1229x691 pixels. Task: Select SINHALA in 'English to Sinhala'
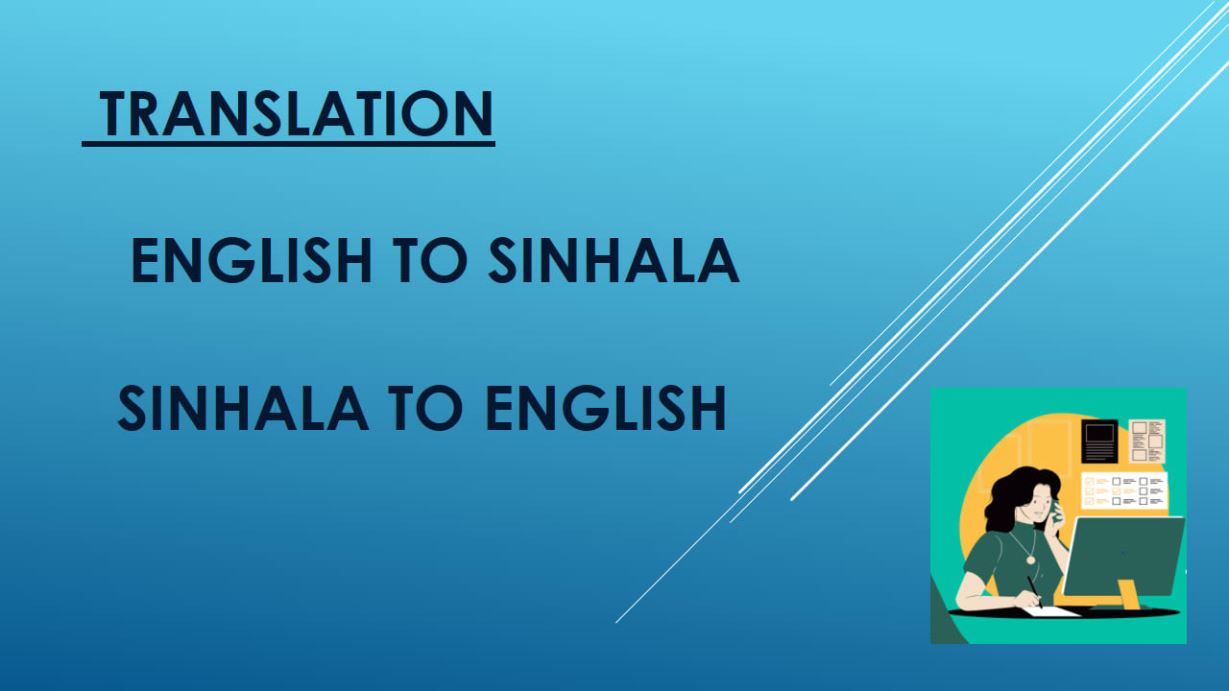coord(614,260)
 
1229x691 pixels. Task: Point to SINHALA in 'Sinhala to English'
coord(242,408)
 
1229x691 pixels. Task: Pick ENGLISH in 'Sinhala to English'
coord(604,408)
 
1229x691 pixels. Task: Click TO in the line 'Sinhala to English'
coord(425,408)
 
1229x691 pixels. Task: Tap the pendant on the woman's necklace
coord(1030,560)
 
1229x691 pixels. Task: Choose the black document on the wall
coord(1099,441)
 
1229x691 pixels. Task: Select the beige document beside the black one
coord(1146,441)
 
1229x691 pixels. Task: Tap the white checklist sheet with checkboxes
coord(1123,489)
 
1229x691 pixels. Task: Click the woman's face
coord(1041,499)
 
